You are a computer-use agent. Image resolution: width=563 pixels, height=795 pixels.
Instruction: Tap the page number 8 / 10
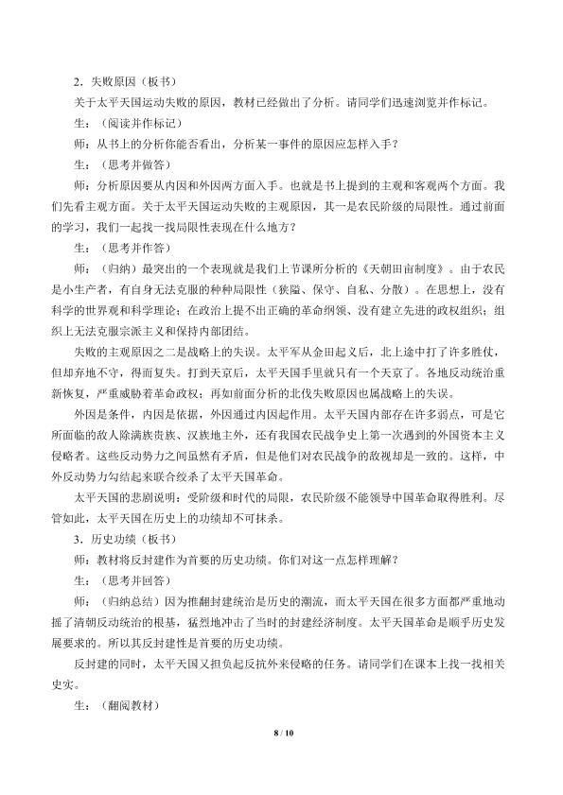tap(281, 757)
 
